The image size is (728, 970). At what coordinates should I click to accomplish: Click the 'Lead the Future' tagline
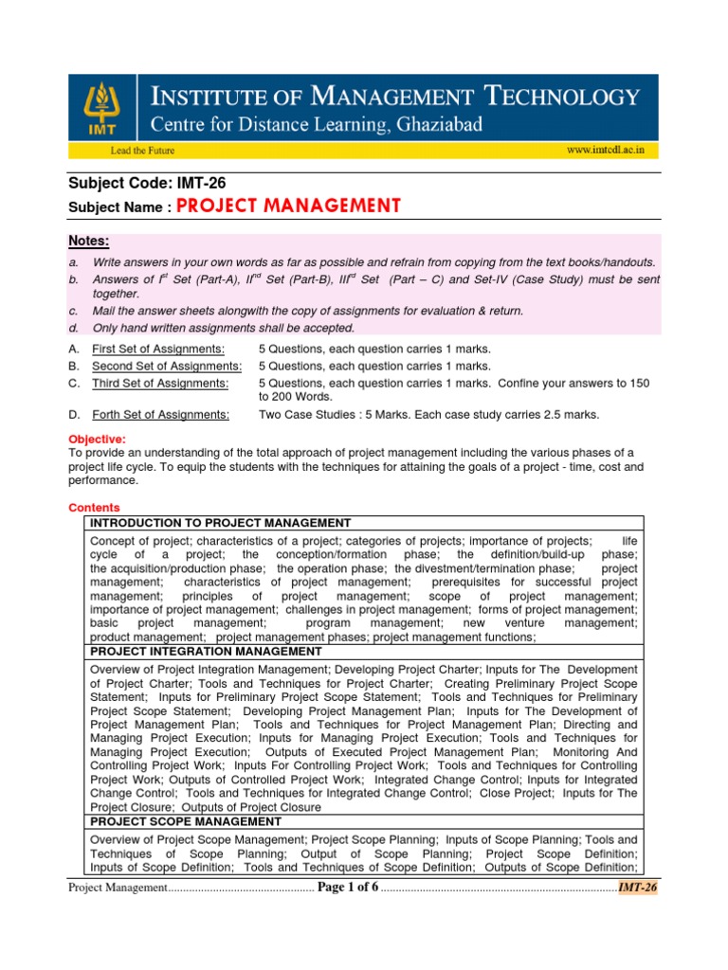pyautogui.click(x=118, y=150)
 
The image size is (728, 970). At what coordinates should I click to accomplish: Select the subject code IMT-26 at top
pyautogui.click(x=202, y=184)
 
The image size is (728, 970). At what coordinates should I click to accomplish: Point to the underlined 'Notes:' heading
pyautogui.click(x=89, y=242)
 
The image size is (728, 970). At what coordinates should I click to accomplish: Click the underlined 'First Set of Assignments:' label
pyautogui.click(x=158, y=349)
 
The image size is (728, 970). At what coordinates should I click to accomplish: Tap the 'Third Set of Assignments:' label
pyautogui.click(x=160, y=383)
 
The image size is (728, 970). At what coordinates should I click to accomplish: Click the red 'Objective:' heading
pyautogui.click(x=97, y=439)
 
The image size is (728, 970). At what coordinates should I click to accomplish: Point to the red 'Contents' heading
pyautogui.click(x=94, y=508)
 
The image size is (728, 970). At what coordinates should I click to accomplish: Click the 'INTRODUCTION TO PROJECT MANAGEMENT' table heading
pyautogui.click(x=220, y=523)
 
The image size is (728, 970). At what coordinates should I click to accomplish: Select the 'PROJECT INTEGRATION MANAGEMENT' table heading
pyautogui.click(x=206, y=652)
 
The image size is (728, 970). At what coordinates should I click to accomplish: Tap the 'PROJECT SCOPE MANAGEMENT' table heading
pyautogui.click(x=185, y=821)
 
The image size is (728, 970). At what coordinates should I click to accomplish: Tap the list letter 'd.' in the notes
pyautogui.click(x=73, y=328)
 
